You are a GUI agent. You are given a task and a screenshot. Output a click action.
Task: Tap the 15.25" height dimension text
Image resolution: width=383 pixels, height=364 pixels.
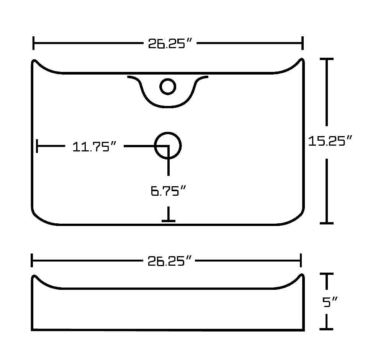pos(330,141)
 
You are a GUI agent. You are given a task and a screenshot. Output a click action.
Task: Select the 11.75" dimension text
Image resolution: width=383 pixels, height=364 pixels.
pos(94,146)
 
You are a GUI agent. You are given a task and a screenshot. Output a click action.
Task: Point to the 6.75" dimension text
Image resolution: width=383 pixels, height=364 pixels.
pos(168,191)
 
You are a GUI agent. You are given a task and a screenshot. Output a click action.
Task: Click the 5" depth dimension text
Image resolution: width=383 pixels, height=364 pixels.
pos(330,302)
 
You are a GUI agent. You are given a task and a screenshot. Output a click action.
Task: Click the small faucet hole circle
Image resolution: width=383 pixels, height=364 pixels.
pos(168,86)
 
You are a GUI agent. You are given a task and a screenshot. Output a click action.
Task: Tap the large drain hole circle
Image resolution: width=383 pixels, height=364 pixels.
pos(168,146)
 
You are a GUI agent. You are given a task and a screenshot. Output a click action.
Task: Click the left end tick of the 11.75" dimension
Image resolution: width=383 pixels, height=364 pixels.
pos(37,146)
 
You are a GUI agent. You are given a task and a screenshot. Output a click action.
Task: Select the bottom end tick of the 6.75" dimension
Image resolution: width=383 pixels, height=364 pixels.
pos(169,221)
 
